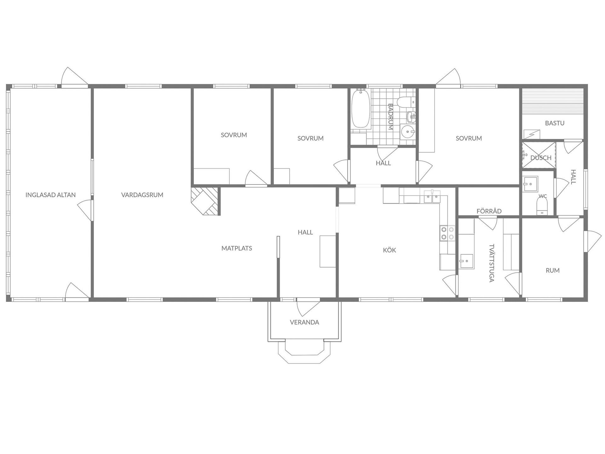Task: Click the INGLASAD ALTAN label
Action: point(50,195)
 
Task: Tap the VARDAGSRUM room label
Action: point(142,195)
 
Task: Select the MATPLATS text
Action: point(237,248)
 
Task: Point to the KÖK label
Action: point(389,250)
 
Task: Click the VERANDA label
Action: point(304,322)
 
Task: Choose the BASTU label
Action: point(555,123)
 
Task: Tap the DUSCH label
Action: point(541,158)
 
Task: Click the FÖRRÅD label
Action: point(489,211)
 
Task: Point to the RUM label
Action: point(553,270)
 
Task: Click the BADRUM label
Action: point(390,117)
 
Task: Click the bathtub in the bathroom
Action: point(361,109)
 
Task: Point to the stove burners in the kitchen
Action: point(447,233)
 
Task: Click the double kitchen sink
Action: point(432,196)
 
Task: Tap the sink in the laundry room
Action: point(467,261)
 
